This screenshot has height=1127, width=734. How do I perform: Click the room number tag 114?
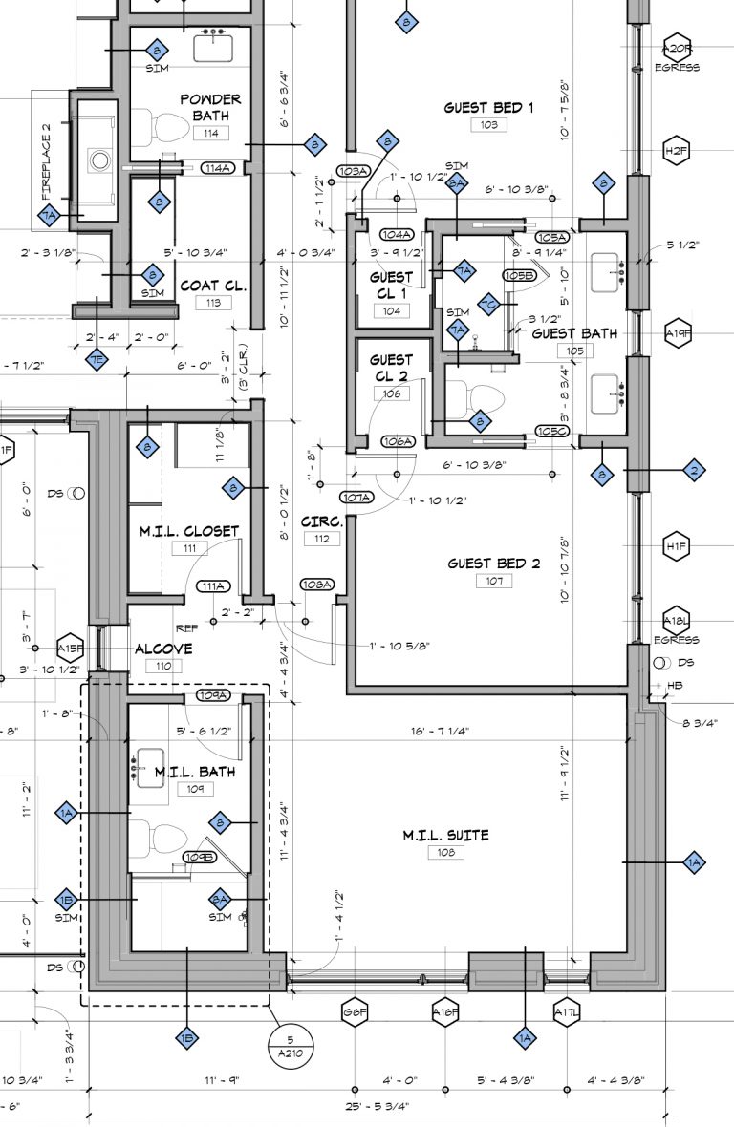[x=211, y=134]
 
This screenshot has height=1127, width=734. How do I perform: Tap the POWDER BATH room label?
[x=210, y=107]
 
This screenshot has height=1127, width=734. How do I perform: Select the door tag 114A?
[x=218, y=168]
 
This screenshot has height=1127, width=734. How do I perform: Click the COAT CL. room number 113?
[x=212, y=303]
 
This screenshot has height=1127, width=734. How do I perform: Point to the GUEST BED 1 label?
[x=488, y=108]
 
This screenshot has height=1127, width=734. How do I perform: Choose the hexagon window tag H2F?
[x=677, y=151]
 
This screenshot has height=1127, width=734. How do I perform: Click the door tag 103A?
[x=352, y=171]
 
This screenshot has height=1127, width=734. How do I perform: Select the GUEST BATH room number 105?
[x=573, y=351]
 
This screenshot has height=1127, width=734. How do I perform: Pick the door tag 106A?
[x=398, y=441]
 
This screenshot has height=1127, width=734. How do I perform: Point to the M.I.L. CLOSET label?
[x=188, y=531]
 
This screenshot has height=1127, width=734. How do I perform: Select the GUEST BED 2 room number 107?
[x=494, y=582]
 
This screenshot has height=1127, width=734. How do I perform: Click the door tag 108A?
[x=316, y=584]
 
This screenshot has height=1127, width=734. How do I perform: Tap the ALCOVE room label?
[x=163, y=649]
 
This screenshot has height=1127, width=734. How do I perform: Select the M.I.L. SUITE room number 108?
[x=446, y=853]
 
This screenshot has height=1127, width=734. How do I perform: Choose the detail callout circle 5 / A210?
[x=285, y=1046]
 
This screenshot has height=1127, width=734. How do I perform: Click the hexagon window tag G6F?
[x=355, y=1012]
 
